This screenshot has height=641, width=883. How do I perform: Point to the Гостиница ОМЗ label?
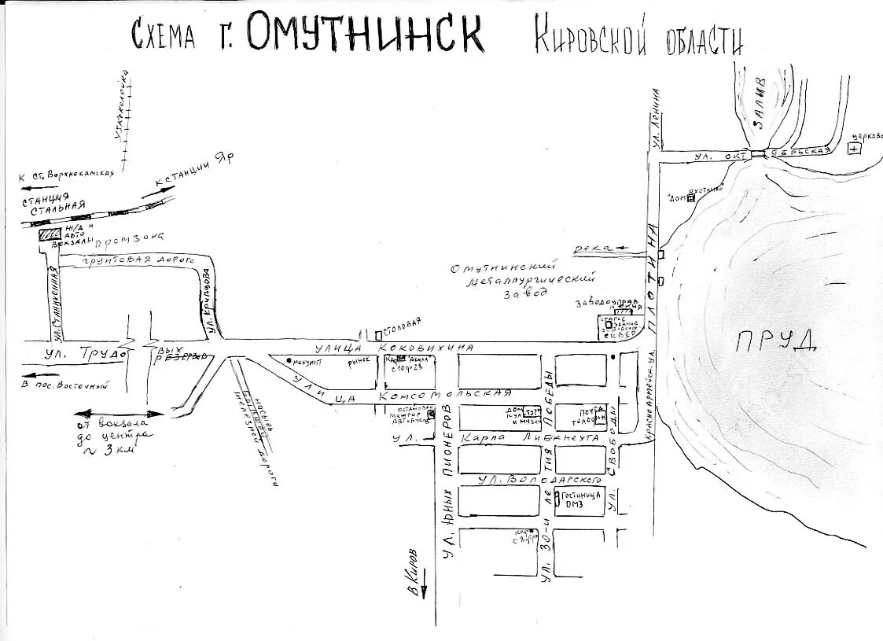pyautogui.click(x=582, y=500)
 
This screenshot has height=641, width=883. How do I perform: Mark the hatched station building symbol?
pyautogui.click(x=50, y=234)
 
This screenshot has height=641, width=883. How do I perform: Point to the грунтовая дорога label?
pyautogui.click(x=127, y=260)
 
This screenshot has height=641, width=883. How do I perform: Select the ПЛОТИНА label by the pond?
pyautogui.click(x=652, y=278)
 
